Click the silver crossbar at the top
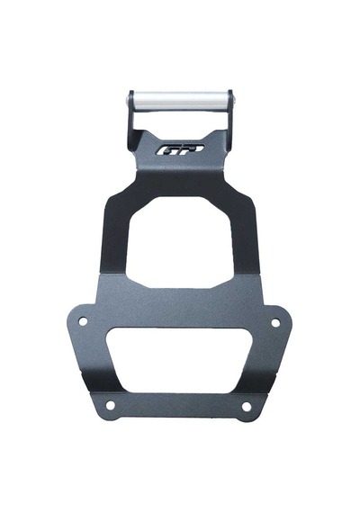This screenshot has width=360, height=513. point(180,100)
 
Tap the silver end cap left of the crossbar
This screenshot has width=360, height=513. point(128,100)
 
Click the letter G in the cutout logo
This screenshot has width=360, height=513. point(166,151)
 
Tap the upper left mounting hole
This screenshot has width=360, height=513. point(83,321)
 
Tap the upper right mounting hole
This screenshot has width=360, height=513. point(275,323)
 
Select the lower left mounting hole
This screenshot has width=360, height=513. point(111,405)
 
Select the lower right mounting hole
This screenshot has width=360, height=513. point(246,406)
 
